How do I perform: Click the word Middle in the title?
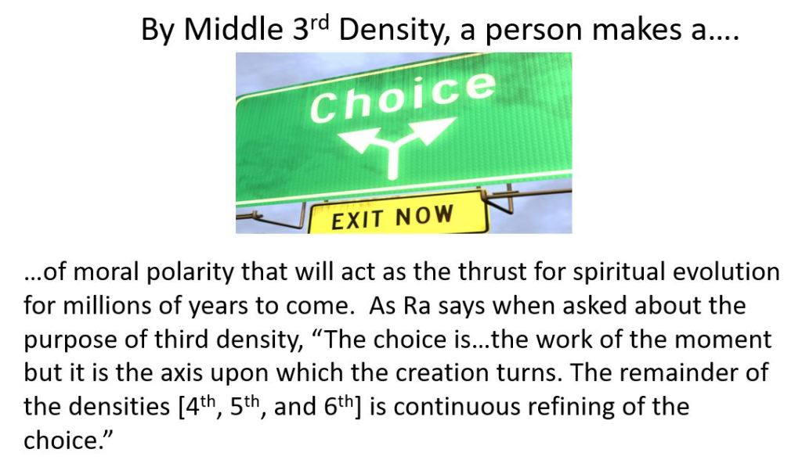(x=233, y=29)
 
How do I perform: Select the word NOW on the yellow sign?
(x=424, y=215)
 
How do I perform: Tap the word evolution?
(x=726, y=271)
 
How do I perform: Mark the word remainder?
(x=679, y=373)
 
